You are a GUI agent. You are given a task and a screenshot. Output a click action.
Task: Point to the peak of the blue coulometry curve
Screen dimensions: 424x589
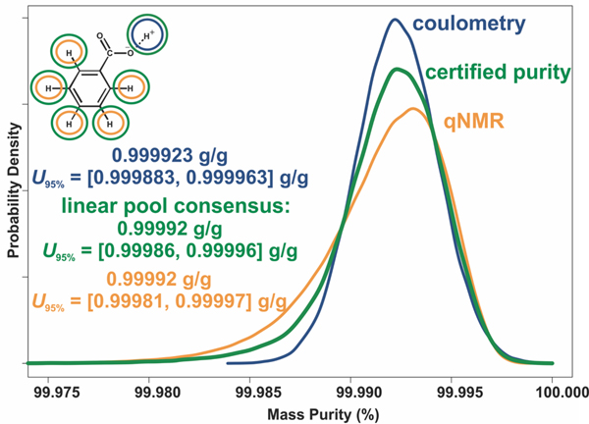pos(395,20)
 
